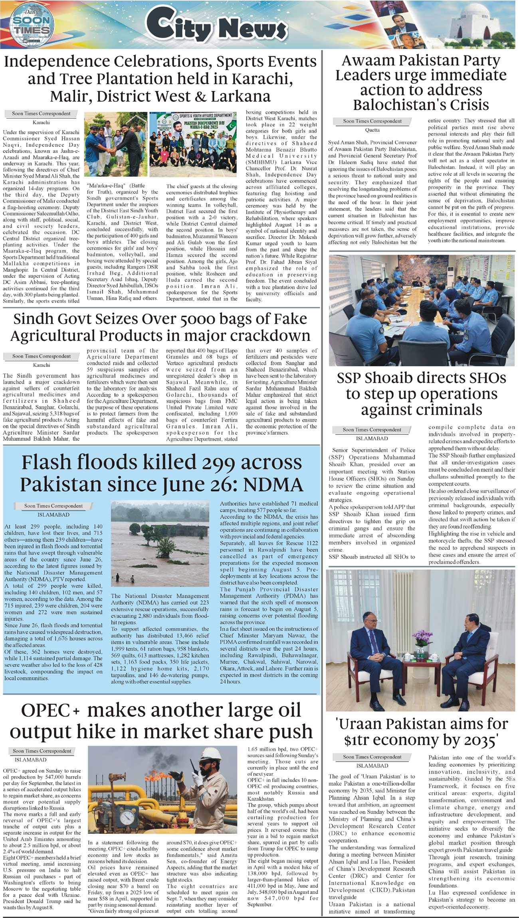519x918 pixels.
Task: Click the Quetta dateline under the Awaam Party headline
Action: (372, 130)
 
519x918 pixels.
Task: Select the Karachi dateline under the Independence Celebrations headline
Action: (41, 122)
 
